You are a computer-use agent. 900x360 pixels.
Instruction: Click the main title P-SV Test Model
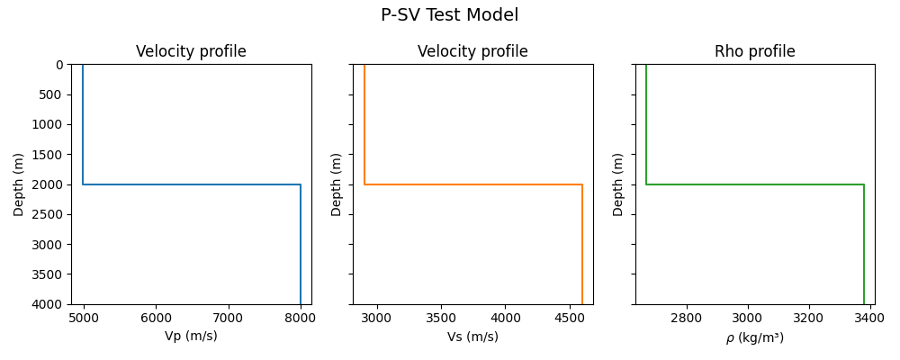point(449,15)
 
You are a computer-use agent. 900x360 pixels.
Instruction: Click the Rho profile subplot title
point(754,51)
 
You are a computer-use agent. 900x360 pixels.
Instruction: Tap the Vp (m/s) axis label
point(191,336)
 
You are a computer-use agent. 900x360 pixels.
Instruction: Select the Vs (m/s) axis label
point(472,337)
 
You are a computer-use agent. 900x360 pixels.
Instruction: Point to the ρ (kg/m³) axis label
point(754,337)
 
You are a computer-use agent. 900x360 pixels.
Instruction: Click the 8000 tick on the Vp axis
point(300,318)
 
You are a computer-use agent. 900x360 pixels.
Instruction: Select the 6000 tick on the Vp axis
point(156,318)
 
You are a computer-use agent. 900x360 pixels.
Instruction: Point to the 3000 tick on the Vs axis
point(377,318)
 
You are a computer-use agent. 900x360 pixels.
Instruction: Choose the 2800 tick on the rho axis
point(687,318)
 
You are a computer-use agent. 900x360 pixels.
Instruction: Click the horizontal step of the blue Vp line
point(191,184)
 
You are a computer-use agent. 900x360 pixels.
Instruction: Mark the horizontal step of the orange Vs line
point(472,184)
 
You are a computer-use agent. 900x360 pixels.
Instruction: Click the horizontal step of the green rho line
point(754,184)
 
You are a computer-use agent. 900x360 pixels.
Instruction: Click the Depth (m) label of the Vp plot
point(19,184)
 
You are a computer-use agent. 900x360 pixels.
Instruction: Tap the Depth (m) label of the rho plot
point(618,184)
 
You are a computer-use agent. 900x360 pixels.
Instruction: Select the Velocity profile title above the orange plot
point(472,51)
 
